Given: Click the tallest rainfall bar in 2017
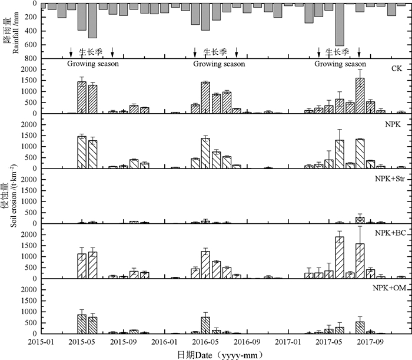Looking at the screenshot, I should click(x=340, y=25).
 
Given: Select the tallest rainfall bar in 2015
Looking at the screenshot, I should click(x=92, y=21).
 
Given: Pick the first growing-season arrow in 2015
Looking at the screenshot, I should click(x=71, y=52).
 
